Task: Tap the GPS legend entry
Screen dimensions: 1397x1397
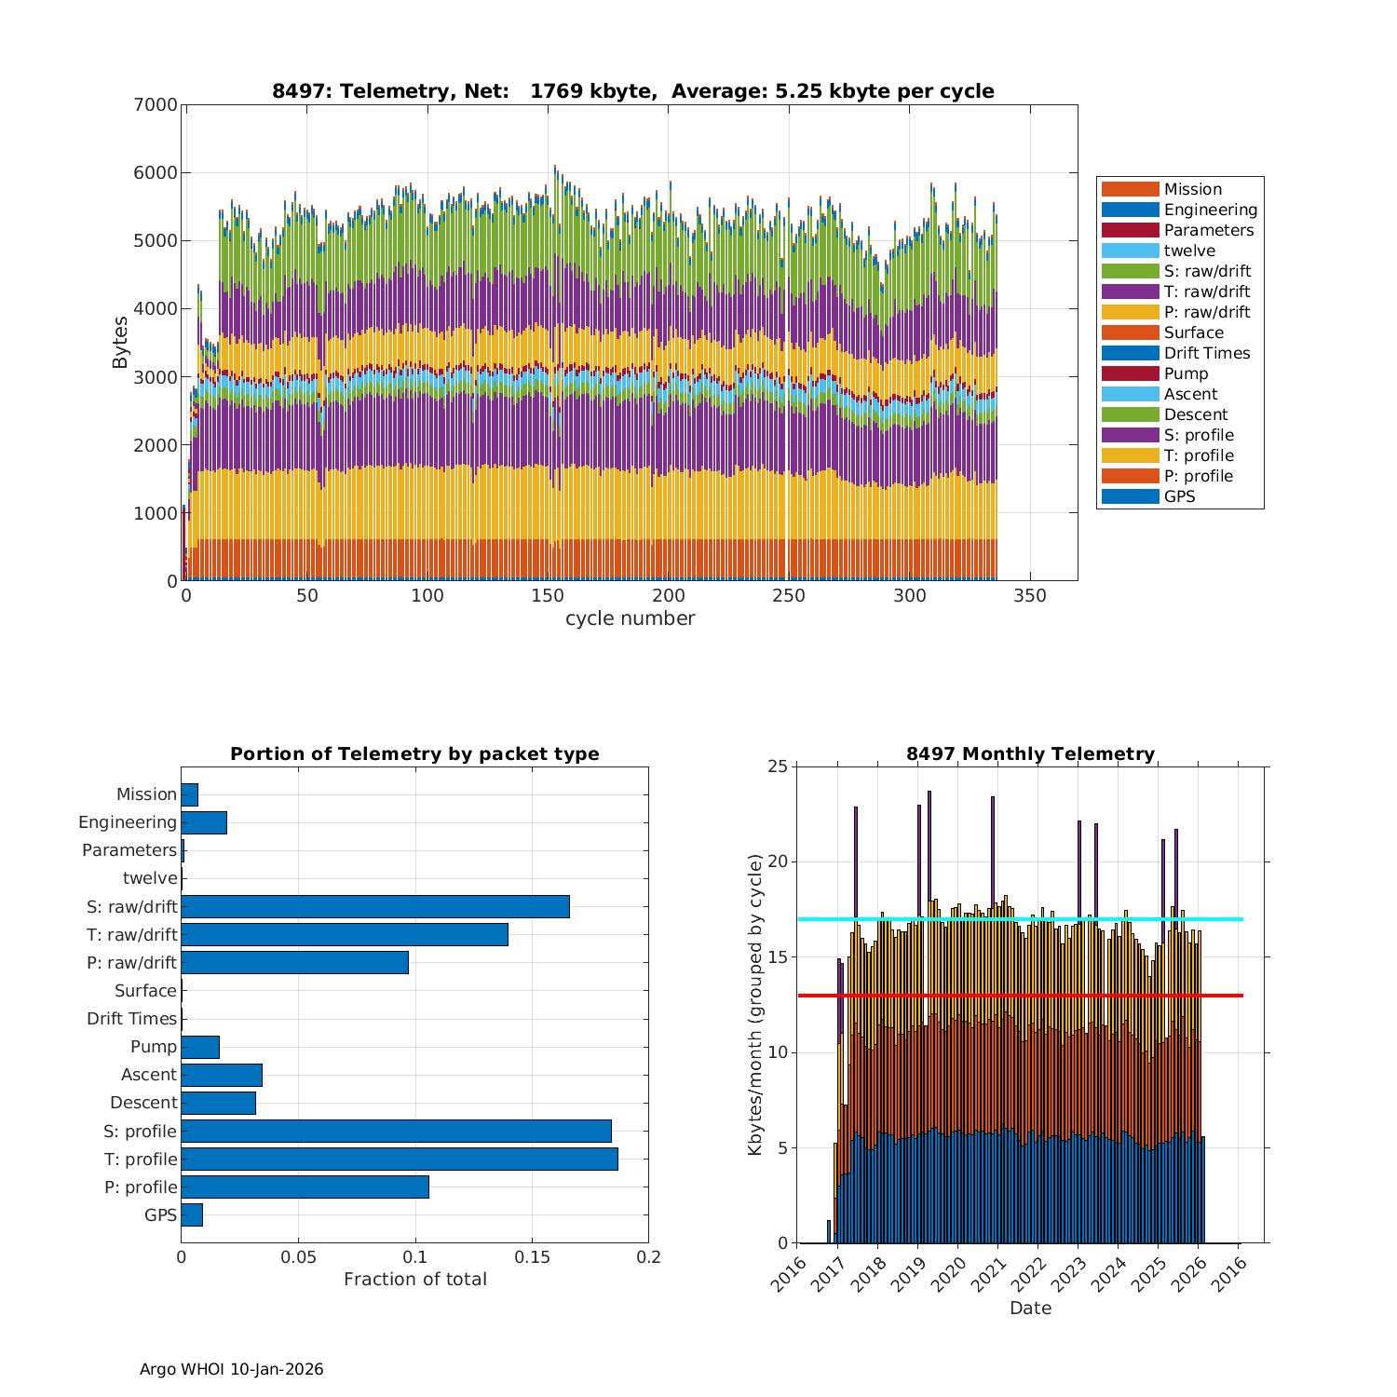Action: (1179, 496)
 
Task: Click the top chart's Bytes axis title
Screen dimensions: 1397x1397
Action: (120, 343)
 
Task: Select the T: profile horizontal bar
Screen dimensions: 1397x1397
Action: (399, 1159)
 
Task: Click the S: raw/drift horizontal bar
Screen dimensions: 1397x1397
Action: (374, 906)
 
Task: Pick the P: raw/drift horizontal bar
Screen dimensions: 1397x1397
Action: (294, 962)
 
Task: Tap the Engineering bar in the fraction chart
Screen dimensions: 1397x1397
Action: (204, 822)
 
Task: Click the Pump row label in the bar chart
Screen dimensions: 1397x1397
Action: (153, 1046)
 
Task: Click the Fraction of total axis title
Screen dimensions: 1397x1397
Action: (414, 1279)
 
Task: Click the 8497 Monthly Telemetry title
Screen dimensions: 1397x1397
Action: (1030, 753)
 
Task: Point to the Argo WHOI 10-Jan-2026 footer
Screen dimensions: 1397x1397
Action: (231, 1369)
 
